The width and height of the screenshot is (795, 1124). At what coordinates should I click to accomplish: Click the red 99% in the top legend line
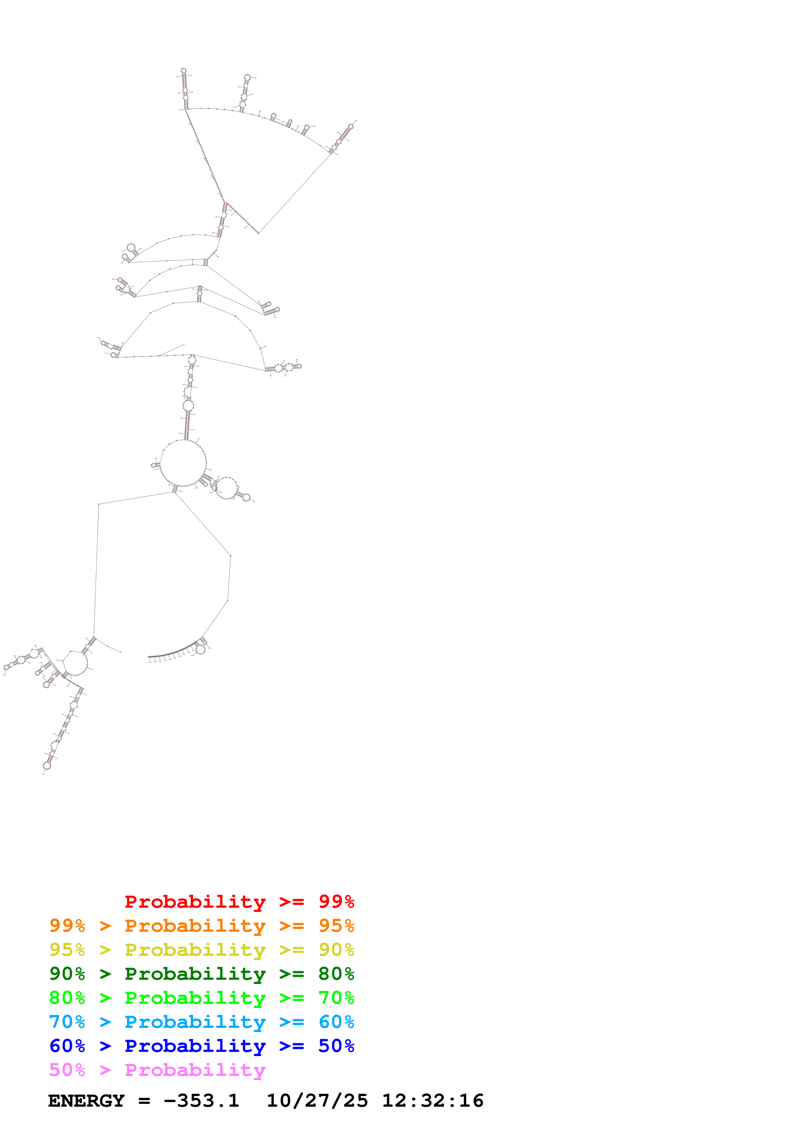(x=336, y=901)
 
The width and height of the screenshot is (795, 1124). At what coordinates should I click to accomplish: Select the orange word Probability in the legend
(x=195, y=925)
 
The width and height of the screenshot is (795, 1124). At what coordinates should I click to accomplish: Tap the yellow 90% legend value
(x=336, y=949)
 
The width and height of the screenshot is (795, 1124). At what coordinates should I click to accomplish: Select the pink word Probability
(x=195, y=1070)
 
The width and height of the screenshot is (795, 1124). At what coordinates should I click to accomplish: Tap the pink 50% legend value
(x=67, y=1070)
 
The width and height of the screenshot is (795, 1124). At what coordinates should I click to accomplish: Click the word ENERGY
(x=86, y=1101)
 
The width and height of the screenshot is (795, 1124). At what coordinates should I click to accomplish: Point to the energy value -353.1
(x=201, y=1101)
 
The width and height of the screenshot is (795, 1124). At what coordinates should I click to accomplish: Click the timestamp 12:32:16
(x=433, y=1101)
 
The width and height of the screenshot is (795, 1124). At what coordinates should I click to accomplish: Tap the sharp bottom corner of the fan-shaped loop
(x=258, y=233)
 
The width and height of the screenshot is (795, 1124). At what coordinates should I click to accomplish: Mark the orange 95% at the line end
(x=336, y=925)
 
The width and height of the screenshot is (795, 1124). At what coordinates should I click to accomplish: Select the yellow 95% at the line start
(x=67, y=949)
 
